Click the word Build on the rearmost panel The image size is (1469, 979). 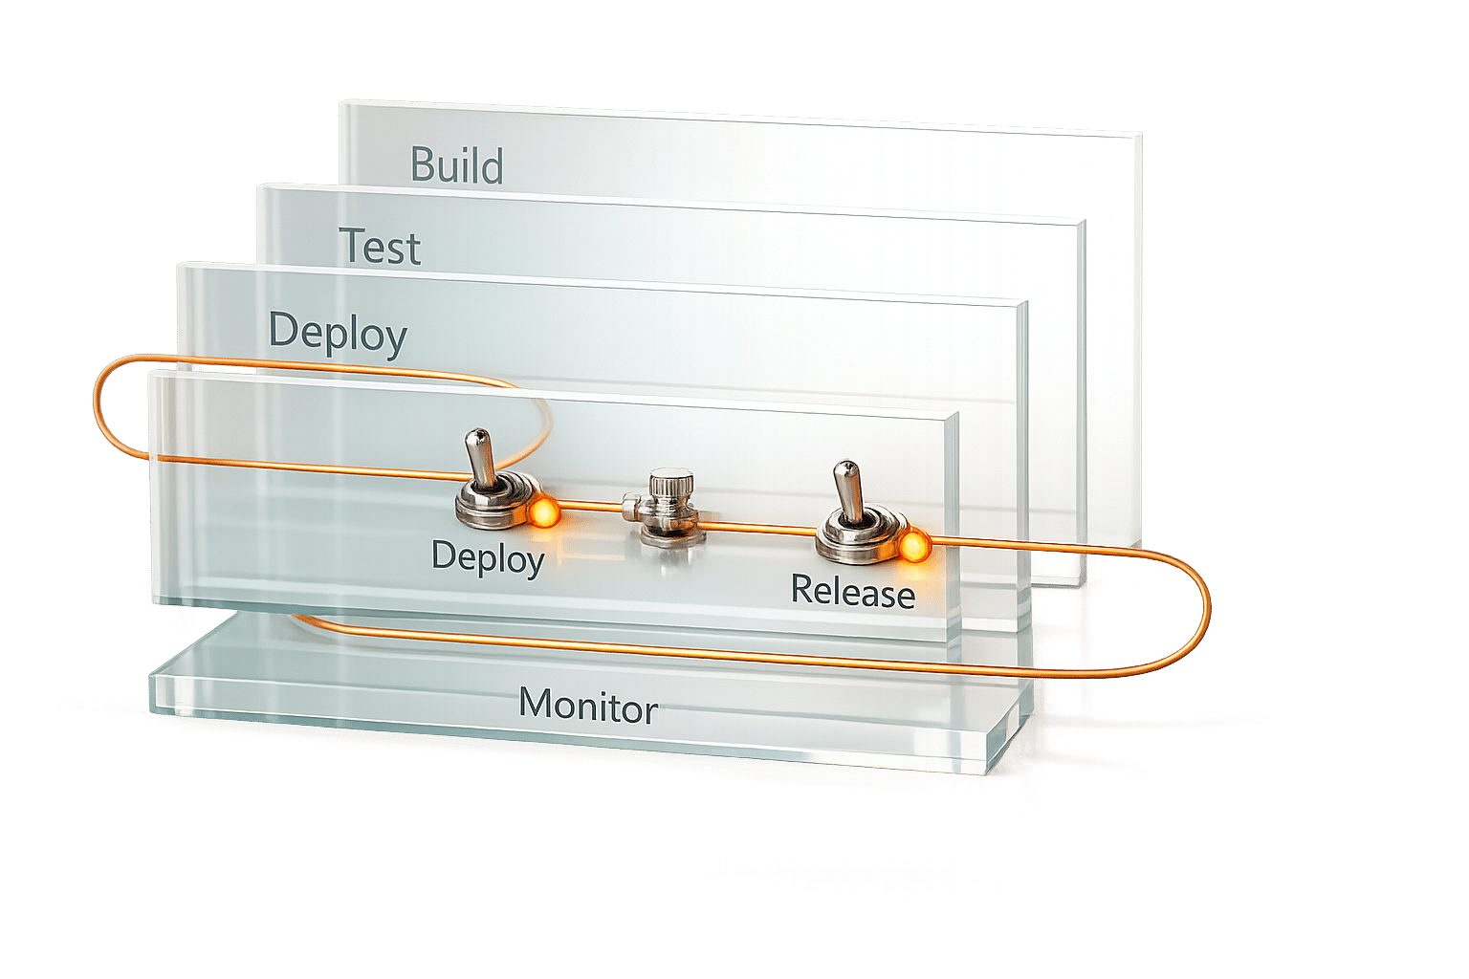coord(457,165)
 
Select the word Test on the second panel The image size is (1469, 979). coord(380,248)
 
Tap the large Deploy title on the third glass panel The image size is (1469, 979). coord(338,332)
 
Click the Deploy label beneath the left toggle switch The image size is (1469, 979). coord(487,556)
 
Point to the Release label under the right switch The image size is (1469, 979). coord(852,592)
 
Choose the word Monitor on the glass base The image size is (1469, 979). coord(587,707)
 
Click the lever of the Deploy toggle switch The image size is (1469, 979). coord(479,455)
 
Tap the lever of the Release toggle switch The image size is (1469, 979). coord(845,488)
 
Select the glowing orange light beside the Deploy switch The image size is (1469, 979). coord(543,513)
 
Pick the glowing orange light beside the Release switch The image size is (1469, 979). coord(913,547)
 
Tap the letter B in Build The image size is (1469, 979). coord(423,165)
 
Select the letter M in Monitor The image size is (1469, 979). coord(536,705)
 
